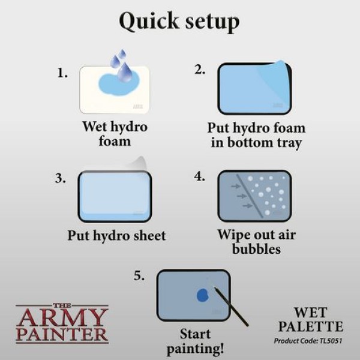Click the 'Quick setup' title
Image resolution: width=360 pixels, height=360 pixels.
click(x=179, y=22)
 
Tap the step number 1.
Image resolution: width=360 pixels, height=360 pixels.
click(x=62, y=73)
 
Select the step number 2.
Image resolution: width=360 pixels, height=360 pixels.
click(x=200, y=69)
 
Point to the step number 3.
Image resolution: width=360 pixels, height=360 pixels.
click(x=61, y=178)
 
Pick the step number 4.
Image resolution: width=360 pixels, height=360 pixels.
click(x=200, y=178)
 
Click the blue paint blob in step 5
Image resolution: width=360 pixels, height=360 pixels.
click(x=202, y=295)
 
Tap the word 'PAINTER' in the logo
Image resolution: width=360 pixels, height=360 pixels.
click(x=61, y=334)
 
